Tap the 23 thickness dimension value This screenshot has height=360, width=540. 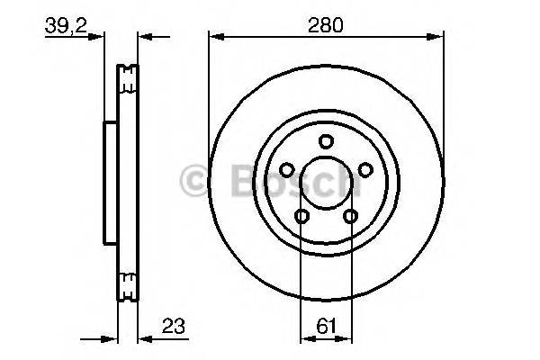pos(170,327)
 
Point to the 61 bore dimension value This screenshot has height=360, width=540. pos(326,328)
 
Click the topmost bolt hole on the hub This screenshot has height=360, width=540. pos(326,139)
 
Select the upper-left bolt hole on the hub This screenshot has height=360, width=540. pos(285,169)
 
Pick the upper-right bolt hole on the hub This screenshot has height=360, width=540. pos(366,169)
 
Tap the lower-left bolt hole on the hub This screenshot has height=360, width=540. pos(301,216)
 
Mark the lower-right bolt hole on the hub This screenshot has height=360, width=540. pos(350,216)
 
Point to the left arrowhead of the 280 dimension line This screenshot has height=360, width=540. pos(214,37)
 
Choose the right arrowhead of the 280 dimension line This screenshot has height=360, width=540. pos(437,37)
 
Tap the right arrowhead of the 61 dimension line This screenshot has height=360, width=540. pos(346,340)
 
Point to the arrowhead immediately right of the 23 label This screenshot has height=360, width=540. pos(144,340)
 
